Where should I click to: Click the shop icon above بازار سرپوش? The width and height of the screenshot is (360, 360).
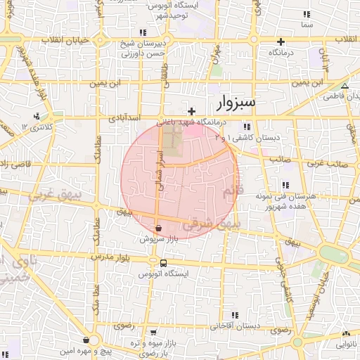point(159,228)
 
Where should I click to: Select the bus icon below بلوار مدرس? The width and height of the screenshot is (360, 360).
point(163,264)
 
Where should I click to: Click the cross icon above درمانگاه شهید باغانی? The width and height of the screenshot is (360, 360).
point(191,111)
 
